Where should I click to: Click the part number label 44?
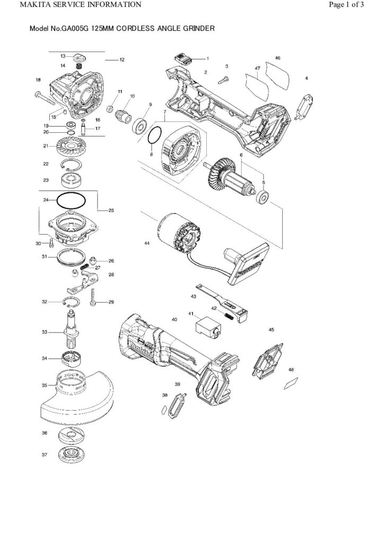[146, 243]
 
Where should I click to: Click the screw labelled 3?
[224, 79]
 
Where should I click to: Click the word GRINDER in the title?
[197, 30]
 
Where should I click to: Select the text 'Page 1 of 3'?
[346, 5]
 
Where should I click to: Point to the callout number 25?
[111, 211]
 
